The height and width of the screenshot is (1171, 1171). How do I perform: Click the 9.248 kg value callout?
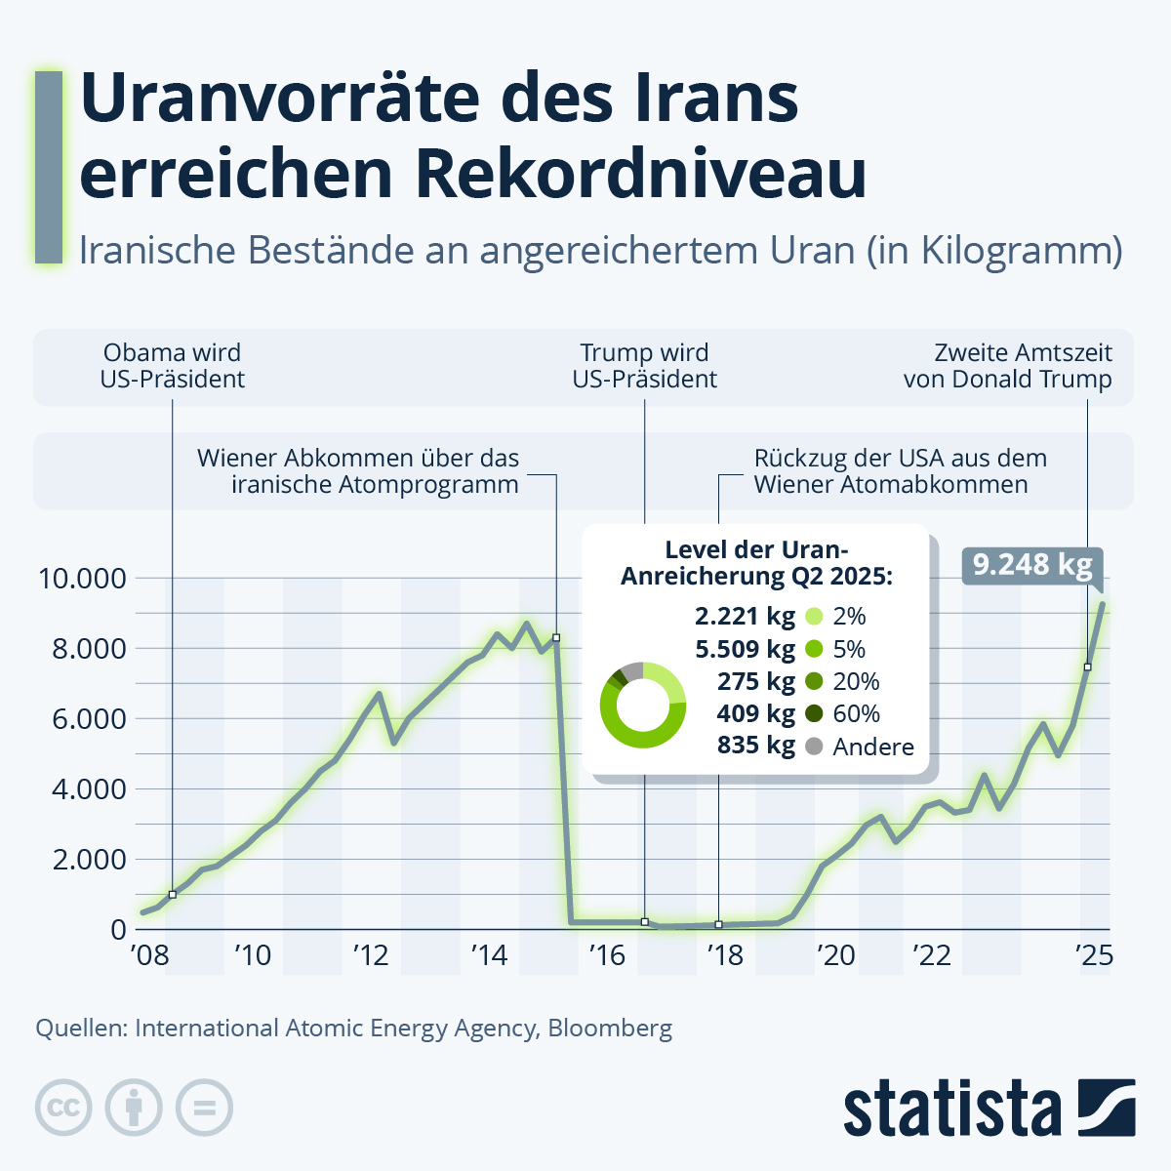[x=1031, y=566]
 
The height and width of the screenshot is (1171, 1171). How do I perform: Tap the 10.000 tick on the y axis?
[x=82, y=579]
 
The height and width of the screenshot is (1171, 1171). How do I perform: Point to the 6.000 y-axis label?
[x=90, y=719]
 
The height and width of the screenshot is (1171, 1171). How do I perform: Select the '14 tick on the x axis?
[x=489, y=955]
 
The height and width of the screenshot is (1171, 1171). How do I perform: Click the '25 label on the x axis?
[x=1094, y=955]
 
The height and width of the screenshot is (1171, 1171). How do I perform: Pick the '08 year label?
[x=149, y=955]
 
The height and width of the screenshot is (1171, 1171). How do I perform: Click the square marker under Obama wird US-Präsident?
[x=173, y=895]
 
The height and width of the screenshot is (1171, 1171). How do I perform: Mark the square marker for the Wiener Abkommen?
[x=556, y=638]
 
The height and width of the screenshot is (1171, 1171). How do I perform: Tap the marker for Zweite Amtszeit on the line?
[x=1088, y=667]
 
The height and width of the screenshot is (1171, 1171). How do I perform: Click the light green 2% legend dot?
[x=814, y=617]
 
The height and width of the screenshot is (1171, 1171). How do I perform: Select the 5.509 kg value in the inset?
[x=745, y=649]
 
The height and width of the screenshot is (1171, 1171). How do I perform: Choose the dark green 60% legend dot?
[x=814, y=714]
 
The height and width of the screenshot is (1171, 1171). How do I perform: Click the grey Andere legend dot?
[x=814, y=747]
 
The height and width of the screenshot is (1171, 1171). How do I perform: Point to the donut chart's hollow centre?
[x=643, y=706]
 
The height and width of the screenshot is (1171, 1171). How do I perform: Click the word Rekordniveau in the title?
[x=641, y=172]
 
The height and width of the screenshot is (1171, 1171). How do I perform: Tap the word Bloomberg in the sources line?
[x=610, y=1029]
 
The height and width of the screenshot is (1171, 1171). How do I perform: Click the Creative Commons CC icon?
[x=63, y=1108]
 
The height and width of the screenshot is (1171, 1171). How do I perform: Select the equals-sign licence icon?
[x=204, y=1108]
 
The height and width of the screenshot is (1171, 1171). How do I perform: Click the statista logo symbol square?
[x=1107, y=1108]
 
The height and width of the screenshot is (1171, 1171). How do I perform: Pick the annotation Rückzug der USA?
[x=901, y=471]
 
